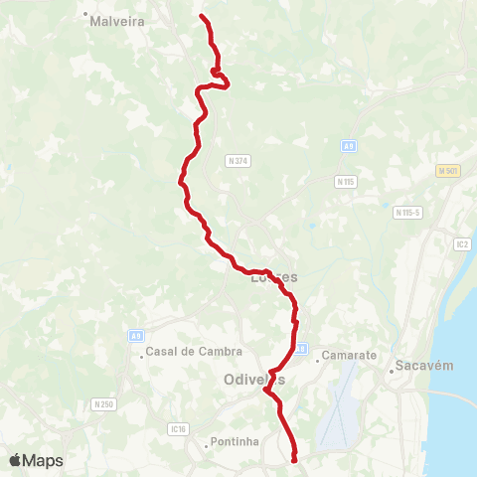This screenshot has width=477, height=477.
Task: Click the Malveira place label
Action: point(117,19)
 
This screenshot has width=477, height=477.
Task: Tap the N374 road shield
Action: point(238,160)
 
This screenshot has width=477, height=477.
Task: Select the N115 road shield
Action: point(345,181)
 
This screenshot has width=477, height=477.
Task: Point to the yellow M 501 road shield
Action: point(449,170)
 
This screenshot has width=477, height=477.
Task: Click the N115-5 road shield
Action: point(408,212)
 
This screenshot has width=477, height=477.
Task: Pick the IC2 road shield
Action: point(461,243)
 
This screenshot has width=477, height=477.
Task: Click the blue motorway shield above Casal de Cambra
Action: point(135,336)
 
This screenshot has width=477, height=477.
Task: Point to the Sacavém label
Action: point(424,365)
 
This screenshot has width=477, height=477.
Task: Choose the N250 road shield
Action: point(104,403)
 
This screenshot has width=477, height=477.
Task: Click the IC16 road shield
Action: point(179,429)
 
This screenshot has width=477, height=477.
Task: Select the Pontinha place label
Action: point(234,442)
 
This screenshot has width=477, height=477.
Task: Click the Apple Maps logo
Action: point(36,460)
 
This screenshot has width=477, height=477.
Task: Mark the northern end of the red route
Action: point(202,17)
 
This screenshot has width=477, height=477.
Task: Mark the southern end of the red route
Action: point(295,459)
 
